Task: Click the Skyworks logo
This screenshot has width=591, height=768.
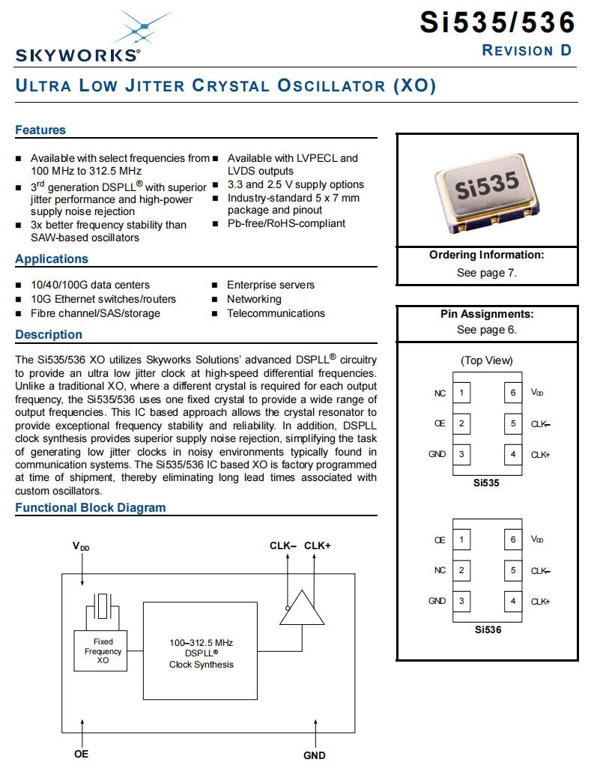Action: pyautogui.click(x=77, y=37)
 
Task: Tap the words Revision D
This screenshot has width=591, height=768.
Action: pyautogui.click(x=527, y=50)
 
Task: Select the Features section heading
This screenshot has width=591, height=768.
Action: pyautogui.click(x=40, y=130)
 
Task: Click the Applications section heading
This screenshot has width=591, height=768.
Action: pyautogui.click(x=52, y=258)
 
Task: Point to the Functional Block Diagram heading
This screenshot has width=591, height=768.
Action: pyautogui.click(x=91, y=507)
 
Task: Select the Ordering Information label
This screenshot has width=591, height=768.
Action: pyautogui.click(x=486, y=255)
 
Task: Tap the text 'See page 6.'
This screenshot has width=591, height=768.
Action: pyautogui.click(x=486, y=330)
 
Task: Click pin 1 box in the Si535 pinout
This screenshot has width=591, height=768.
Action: pyautogui.click(x=461, y=393)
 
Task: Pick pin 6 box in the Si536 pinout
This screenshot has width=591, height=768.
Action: pyautogui.click(x=513, y=539)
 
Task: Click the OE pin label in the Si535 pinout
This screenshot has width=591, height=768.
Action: pyautogui.click(x=440, y=423)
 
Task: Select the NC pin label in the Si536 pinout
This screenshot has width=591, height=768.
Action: pyautogui.click(x=440, y=570)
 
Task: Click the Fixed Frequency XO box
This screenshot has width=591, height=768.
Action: pyautogui.click(x=103, y=651)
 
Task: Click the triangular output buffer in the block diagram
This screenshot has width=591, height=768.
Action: pyautogui.click(x=297, y=607)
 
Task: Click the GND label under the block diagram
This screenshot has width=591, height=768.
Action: pyautogui.click(x=314, y=755)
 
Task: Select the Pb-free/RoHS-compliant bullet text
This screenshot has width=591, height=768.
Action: pyautogui.click(x=286, y=223)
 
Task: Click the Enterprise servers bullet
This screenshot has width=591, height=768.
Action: pyautogui.click(x=270, y=285)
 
